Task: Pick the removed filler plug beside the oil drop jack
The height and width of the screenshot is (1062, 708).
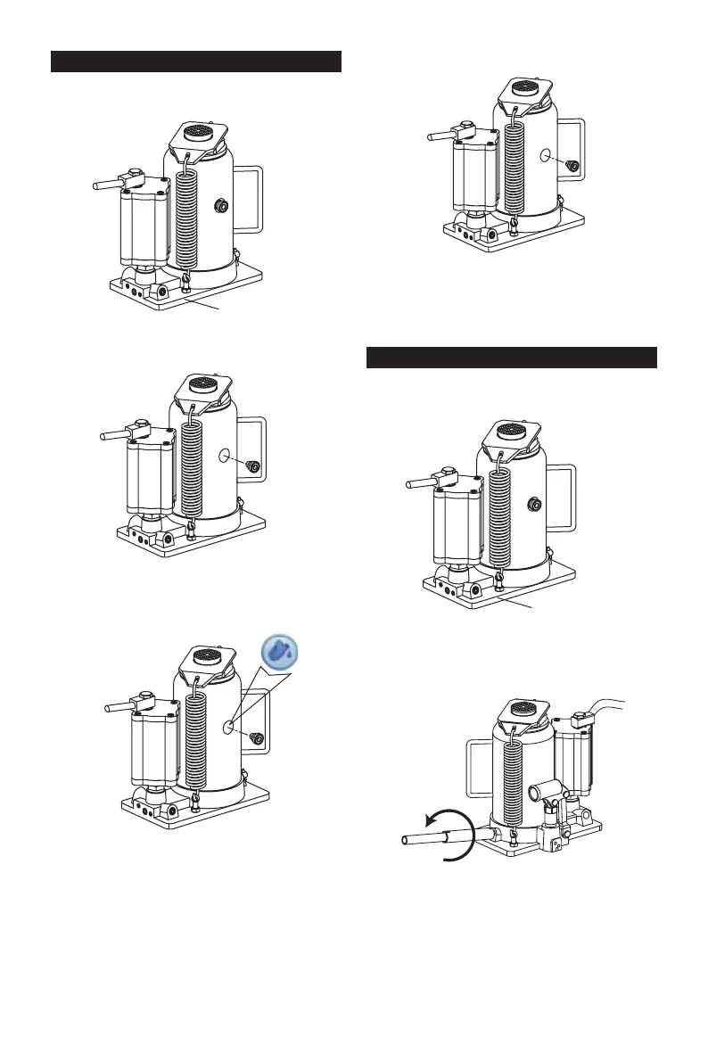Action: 256,737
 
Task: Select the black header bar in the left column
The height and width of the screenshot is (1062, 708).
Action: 196,62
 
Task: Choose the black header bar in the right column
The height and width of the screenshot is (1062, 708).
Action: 512,358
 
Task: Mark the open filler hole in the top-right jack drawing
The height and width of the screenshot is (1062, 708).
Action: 546,156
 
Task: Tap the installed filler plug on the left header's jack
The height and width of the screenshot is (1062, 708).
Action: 218,207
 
